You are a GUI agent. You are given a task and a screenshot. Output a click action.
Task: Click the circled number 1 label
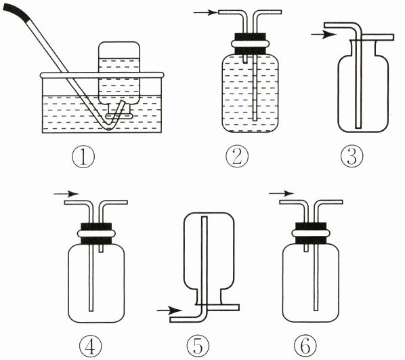(83, 157)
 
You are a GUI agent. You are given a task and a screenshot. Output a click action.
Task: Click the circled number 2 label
(237, 156)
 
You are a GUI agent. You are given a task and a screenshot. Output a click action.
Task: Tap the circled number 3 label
(351, 156)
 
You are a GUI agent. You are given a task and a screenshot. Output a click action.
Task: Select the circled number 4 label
(90, 346)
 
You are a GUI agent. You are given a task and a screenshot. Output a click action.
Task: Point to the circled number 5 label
(198, 346)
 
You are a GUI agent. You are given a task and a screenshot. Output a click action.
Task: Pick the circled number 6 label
(305, 346)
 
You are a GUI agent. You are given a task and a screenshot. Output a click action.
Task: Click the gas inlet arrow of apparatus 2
(205, 12)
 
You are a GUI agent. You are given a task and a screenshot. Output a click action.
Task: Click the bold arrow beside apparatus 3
(324, 35)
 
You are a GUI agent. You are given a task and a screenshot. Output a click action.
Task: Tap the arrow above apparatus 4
(66, 193)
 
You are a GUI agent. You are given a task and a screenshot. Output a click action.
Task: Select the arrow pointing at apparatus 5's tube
(169, 310)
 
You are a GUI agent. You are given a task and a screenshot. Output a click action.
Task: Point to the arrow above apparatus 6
(281, 193)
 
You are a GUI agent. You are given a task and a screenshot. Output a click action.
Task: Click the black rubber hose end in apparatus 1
(16, 13)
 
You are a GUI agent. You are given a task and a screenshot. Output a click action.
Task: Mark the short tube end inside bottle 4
(102, 249)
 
